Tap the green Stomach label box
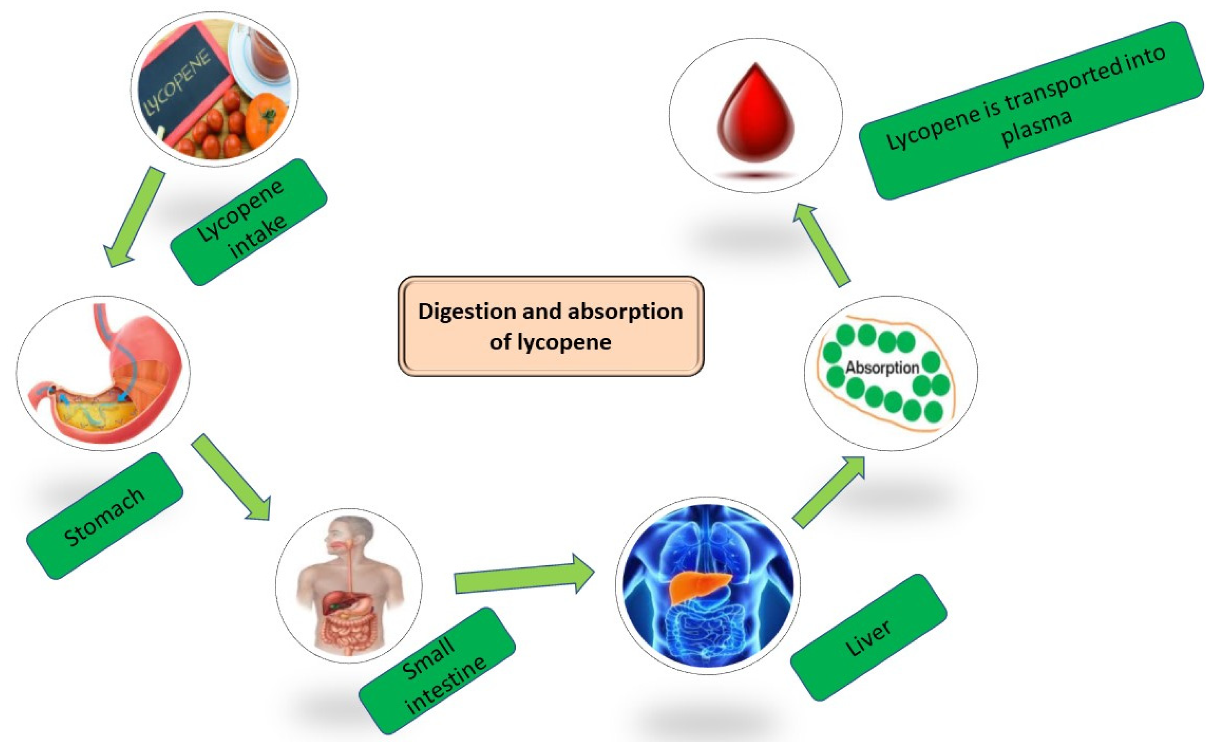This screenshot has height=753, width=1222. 105,516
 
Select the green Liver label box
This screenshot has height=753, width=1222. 868,637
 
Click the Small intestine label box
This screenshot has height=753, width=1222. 437,670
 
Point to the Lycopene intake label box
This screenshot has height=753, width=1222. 248,222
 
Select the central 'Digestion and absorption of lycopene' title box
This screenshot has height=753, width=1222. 551,326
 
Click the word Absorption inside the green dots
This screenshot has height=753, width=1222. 882,368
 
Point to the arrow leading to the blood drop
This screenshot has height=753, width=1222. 821,244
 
